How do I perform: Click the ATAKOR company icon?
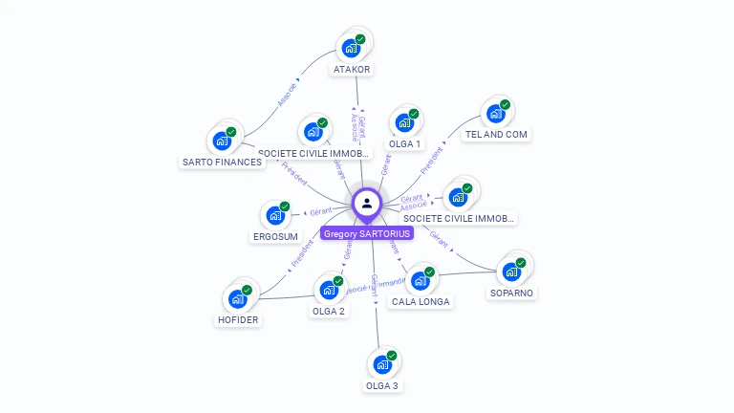tap(351, 47)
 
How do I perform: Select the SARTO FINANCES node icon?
tap(222, 141)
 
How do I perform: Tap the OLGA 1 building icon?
tap(404, 122)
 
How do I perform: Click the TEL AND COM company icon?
tap(495, 114)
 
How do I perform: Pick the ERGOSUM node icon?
tap(274, 215)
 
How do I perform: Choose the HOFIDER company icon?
tap(237, 299)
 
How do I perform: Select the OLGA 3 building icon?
tap(382, 364)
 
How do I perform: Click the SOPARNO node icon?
tap(511, 272)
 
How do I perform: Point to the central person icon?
tap(367, 203)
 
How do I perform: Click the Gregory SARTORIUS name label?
tap(367, 233)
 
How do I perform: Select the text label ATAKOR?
tap(352, 69)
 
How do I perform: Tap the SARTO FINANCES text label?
tap(222, 163)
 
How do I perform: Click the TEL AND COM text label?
tap(496, 135)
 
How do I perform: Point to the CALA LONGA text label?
tap(421, 302)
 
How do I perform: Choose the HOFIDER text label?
tap(238, 320)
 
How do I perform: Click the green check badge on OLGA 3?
tap(392, 355)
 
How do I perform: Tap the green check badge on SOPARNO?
tap(521, 262)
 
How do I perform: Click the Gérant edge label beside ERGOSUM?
tap(320, 212)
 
